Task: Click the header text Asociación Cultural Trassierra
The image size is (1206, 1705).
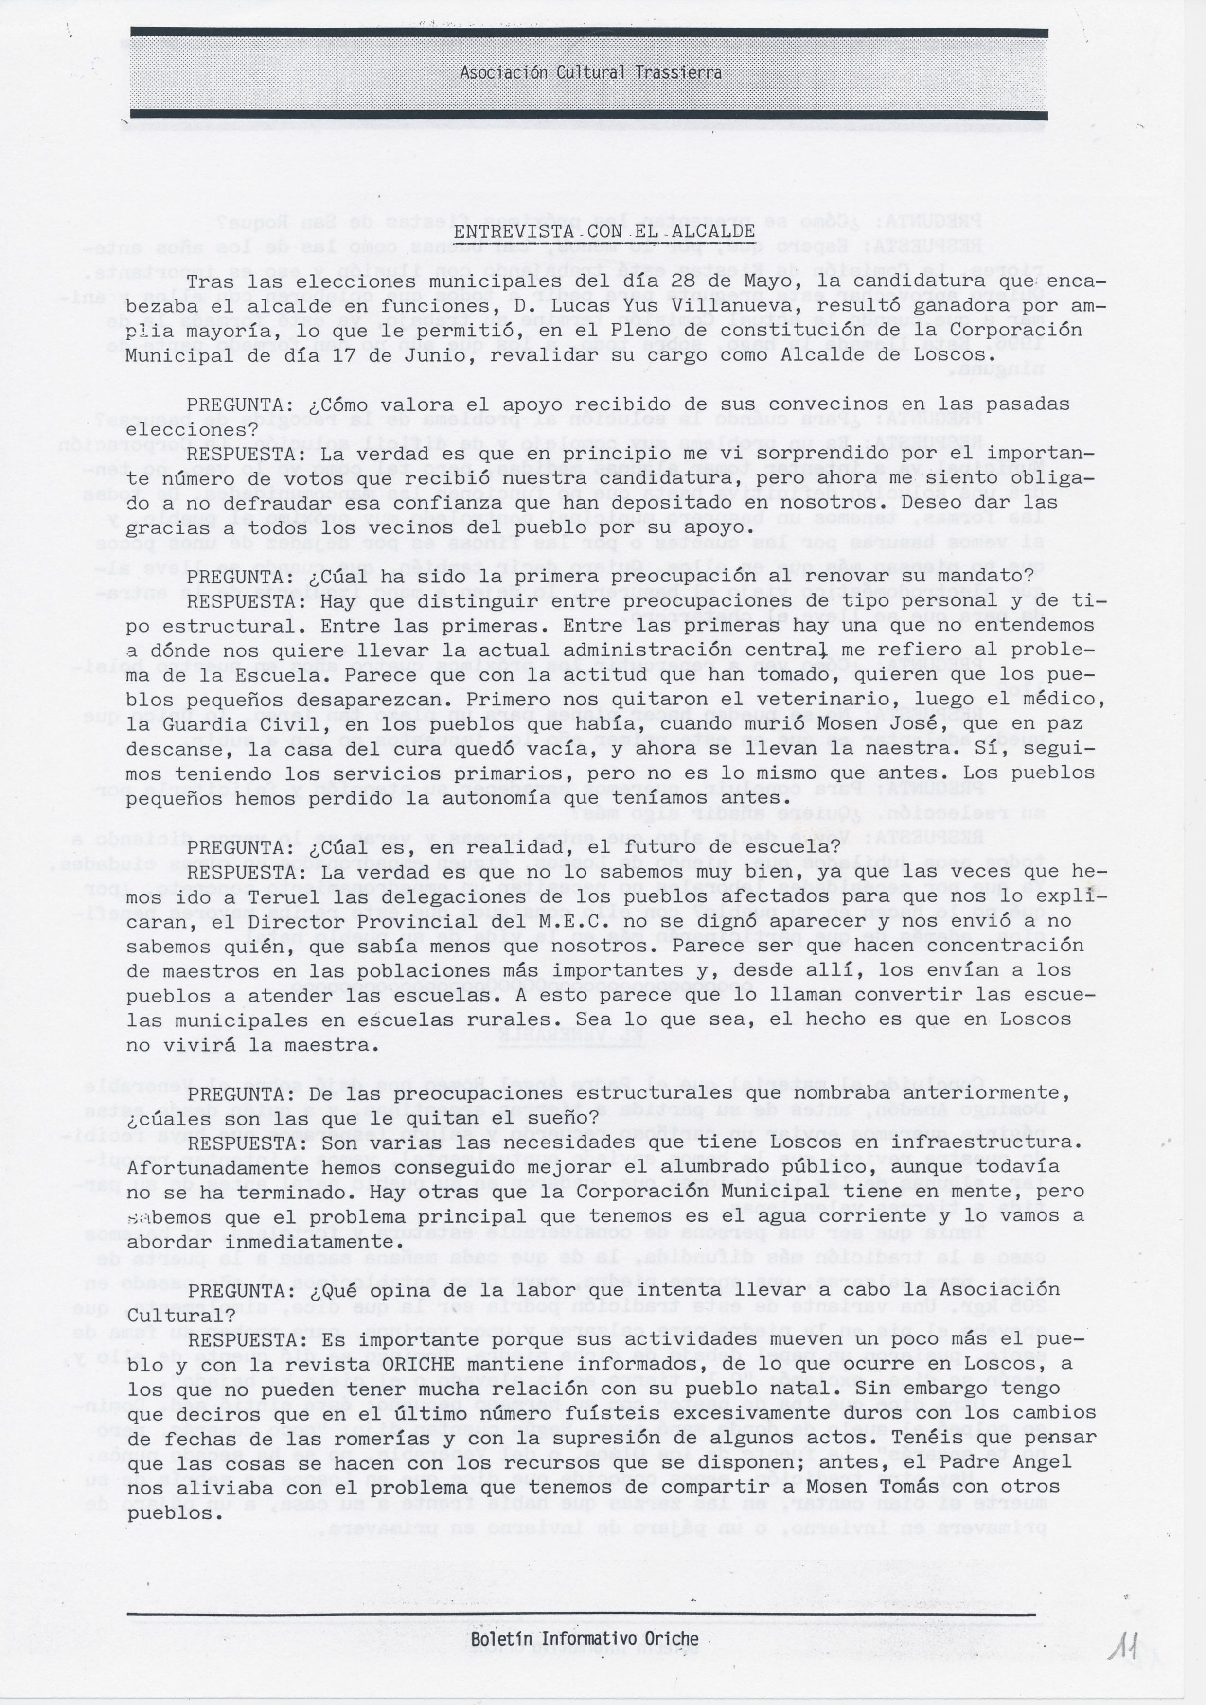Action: pos(590,73)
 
